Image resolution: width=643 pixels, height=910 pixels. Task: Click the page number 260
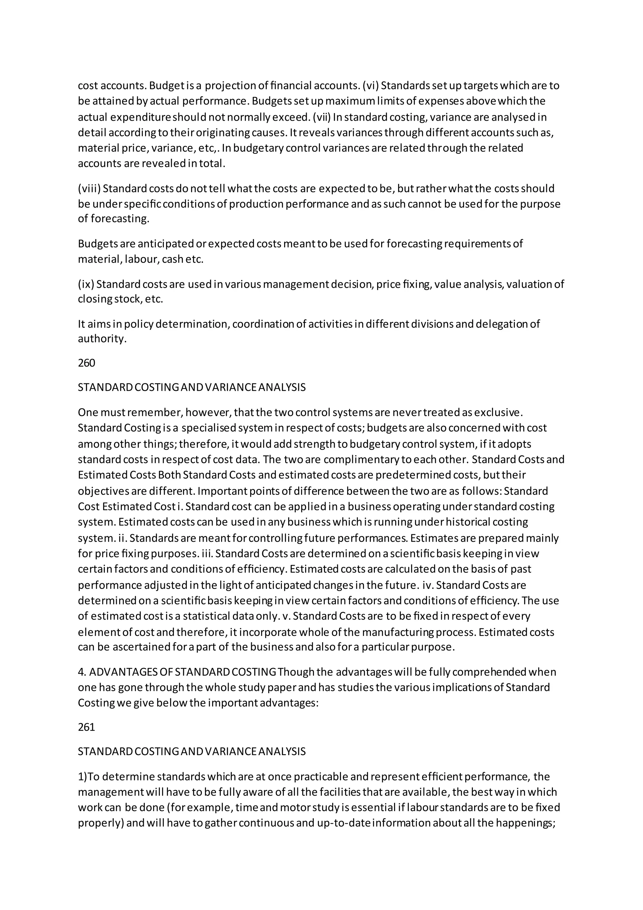pyautogui.click(x=86, y=363)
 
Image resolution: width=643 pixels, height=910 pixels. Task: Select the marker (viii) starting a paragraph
pyautogui.click(x=89, y=188)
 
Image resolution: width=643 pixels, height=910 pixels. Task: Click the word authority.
pyautogui.click(x=102, y=339)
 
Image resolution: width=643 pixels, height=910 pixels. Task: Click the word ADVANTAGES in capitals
pyautogui.click(x=123, y=672)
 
